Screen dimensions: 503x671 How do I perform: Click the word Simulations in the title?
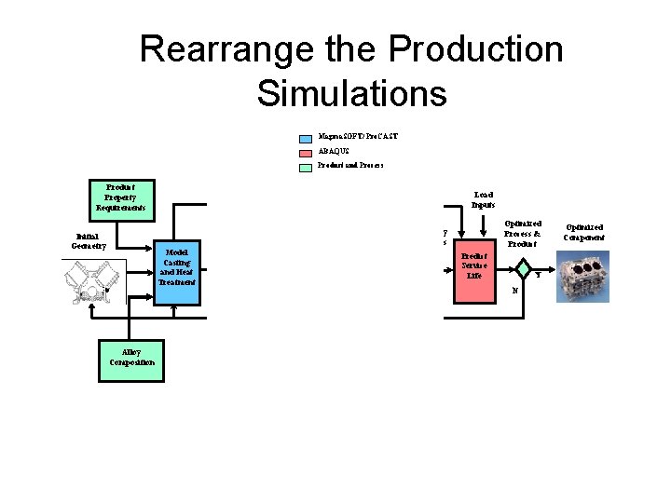pos(351,93)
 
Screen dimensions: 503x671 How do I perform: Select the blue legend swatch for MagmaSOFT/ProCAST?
pos(305,137)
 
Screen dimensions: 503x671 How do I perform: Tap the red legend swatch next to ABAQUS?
pos(305,152)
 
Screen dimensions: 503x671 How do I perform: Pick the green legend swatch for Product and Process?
pos(305,167)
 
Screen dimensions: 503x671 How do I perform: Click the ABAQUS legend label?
pos(334,151)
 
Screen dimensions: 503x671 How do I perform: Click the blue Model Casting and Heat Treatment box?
pos(176,267)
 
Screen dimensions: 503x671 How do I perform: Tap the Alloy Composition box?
pos(131,358)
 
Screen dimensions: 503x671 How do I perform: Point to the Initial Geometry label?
pos(89,241)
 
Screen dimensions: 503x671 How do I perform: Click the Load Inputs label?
pos(483,199)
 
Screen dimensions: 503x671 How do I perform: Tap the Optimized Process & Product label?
pos(523,234)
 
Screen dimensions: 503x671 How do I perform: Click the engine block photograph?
pos(582,276)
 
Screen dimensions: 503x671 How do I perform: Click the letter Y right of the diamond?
pos(539,275)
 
